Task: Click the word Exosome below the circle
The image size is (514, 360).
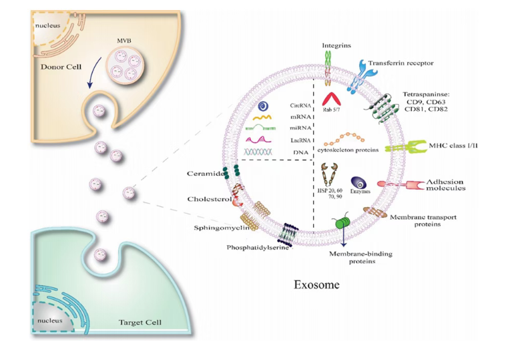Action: [316, 285]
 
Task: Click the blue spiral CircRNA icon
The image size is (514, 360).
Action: [265, 106]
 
